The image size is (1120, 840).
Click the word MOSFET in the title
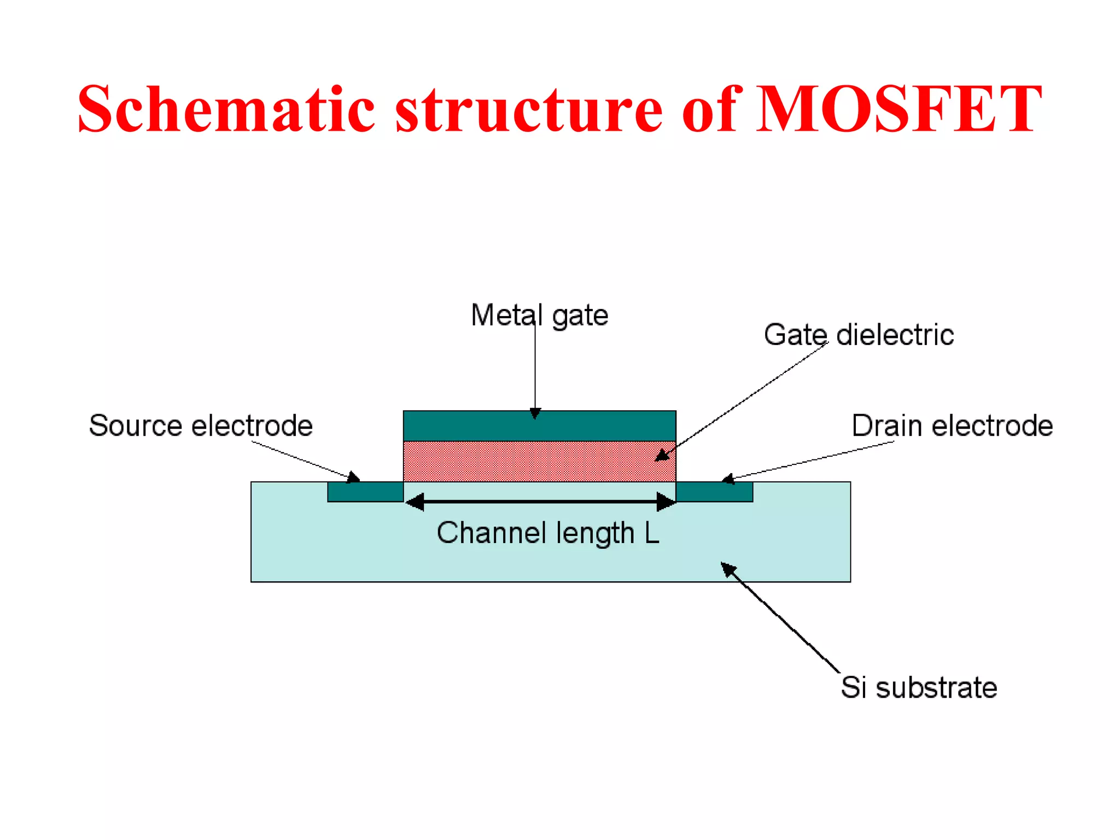(x=900, y=109)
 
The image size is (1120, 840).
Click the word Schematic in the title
(x=226, y=109)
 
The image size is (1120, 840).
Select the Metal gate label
(x=539, y=316)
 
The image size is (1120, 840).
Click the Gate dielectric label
(x=858, y=335)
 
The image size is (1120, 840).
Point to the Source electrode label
(x=201, y=425)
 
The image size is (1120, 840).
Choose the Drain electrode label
(x=952, y=425)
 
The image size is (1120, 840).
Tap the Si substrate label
(x=918, y=687)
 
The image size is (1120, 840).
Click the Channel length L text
(x=548, y=533)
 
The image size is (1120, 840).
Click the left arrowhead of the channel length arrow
(x=415, y=501)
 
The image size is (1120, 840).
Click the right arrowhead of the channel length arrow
(x=666, y=501)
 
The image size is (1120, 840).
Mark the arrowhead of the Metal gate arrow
(x=535, y=413)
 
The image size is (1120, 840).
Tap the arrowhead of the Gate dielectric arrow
(x=662, y=456)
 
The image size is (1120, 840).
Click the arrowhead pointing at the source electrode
(x=354, y=477)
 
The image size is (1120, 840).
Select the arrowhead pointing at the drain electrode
(x=728, y=480)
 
